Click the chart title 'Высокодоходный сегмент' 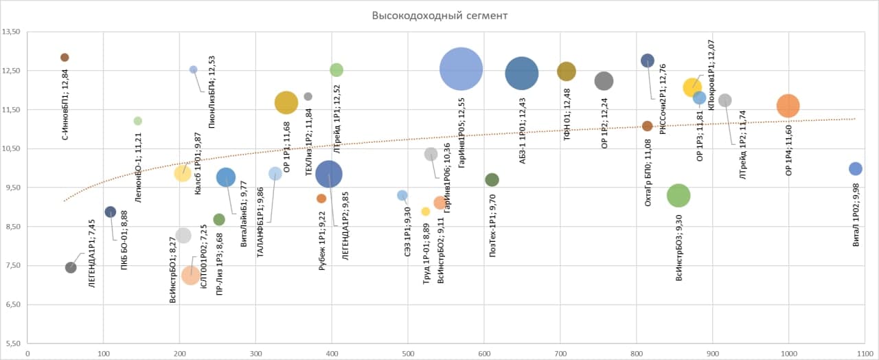[440, 15]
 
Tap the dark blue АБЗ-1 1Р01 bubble [521, 74]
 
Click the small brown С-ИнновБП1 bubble [65, 58]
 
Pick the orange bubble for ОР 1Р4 [788, 106]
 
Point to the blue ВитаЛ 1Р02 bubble [855, 169]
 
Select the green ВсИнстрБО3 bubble [678, 195]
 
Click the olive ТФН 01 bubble [567, 71]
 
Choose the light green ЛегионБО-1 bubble [137, 121]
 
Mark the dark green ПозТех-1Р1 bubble [492, 180]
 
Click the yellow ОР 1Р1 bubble [286, 102]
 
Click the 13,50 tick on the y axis [12, 32]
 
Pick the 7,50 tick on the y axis [12, 266]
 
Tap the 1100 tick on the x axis [865, 355]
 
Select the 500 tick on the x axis [408, 355]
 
